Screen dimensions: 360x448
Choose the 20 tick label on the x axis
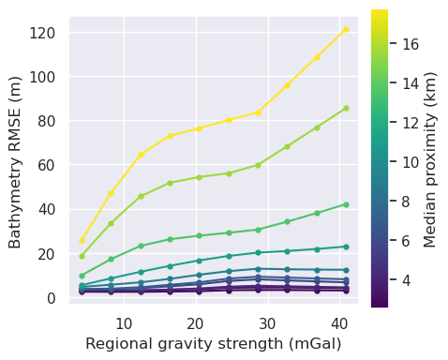point(195,323)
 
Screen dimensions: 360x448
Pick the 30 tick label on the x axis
point(267,323)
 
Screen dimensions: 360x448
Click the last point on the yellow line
point(346,29)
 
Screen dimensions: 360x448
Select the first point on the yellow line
point(82,240)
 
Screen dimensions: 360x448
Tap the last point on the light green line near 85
point(346,108)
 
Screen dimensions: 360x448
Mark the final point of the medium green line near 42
point(346,204)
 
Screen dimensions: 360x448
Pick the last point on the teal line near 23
point(346,247)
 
